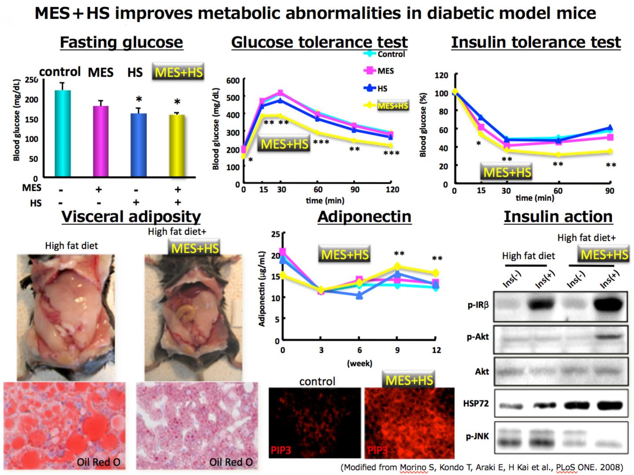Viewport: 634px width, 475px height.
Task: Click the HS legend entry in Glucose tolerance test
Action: click(382, 89)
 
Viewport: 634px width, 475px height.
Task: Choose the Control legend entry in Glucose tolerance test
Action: click(391, 54)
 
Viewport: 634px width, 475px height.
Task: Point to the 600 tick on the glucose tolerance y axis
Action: click(233, 81)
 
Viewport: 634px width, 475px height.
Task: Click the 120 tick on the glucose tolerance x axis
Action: click(392, 189)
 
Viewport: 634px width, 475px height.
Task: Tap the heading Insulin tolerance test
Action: click(535, 42)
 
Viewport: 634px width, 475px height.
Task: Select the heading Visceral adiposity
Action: click(131, 217)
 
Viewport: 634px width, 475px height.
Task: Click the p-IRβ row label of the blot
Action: click(478, 304)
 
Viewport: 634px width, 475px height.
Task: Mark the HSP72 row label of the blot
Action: click(476, 404)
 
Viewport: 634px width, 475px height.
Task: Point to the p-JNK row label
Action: click(477, 437)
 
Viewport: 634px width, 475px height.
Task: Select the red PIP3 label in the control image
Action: click(280, 451)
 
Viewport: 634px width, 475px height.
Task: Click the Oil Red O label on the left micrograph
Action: click(98, 462)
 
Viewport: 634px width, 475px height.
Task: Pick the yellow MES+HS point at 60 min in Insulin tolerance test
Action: click(558, 155)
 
